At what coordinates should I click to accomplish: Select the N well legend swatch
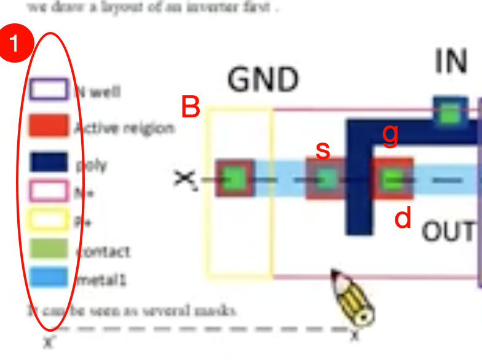[x=48, y=90]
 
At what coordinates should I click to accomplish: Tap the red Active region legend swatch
[x=48, y=126]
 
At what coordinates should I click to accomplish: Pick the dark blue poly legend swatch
[x=48, y=162]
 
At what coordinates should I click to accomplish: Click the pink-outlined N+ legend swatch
[x=48, y=190]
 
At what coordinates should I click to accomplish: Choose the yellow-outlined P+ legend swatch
[x=48, y=219]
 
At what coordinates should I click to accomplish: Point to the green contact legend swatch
[x=48, y=248]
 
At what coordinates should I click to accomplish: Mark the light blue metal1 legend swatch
[x=48, y=277]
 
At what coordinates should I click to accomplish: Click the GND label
[x=263, y=80]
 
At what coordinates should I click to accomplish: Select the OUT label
[x=448, y=232]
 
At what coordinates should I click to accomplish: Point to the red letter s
[x=323, y=150]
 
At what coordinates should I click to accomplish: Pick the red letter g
[x=390, y=135]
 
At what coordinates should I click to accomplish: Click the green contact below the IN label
[x=451, y=113]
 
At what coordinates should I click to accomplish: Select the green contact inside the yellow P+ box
[x=235, y=179]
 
